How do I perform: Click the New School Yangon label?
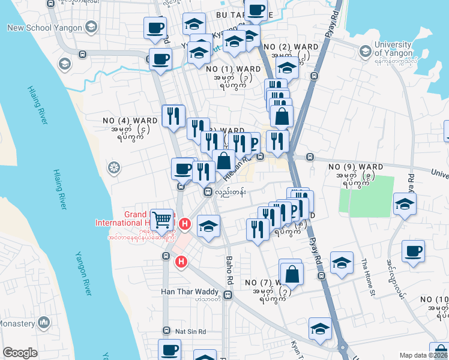[x=45, y=28]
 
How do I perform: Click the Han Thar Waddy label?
[x=190, y=292]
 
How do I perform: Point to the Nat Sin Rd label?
[x=190, y=331]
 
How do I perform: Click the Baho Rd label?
[x=229, y=270]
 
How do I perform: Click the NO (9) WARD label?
[x=356, y=166]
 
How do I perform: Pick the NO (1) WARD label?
[x=233, y=70]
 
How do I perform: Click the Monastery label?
[x=17, y=323]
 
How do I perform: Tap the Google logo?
[x=20, y=353]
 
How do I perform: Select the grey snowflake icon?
[x=113, y=167]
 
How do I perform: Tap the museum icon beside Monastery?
[x=43, y=323]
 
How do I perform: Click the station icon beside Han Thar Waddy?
[x=228, y=295]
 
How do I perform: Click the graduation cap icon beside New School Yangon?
[x=91, y=27]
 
